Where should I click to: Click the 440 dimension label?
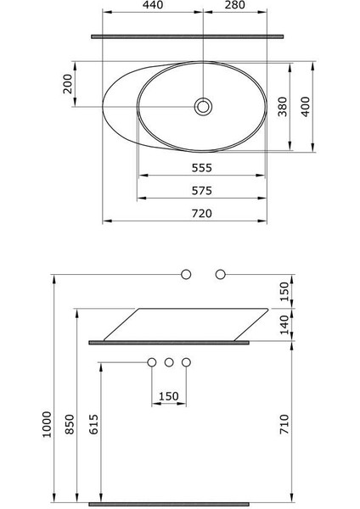coord(153,5)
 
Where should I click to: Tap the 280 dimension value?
coord(235,5)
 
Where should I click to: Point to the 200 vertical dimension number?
coord(68,84)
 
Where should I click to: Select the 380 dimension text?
coord(283,107)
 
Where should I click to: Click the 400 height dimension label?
coord(306,107)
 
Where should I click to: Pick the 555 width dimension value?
coord(202,168)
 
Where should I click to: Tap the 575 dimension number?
coord(202,191)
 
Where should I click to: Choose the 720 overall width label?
coord(202,214)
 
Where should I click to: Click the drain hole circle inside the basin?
coord(203,107)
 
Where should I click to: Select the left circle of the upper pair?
coord(186,274)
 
